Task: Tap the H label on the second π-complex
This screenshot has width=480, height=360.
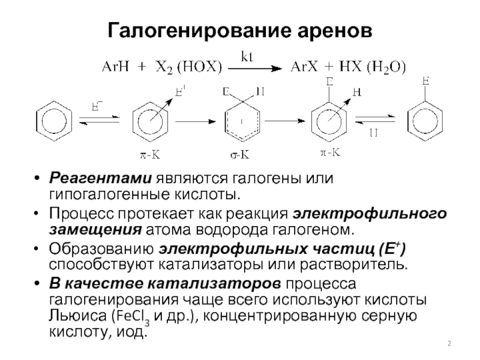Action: [356, 92]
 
